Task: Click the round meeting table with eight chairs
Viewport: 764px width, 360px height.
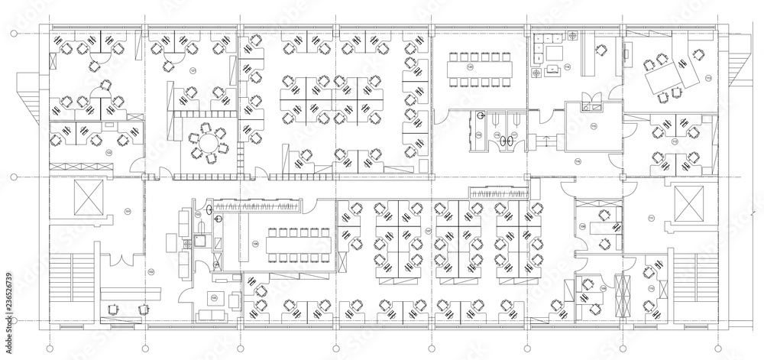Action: [x=205, y=141]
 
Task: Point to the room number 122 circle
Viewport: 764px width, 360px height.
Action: [x=108, y=153]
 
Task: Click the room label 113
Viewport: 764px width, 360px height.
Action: [x=707, y=79]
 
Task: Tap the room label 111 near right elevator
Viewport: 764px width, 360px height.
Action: [x=651, y=219]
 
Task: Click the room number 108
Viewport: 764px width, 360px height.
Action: [x=582, y=226]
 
